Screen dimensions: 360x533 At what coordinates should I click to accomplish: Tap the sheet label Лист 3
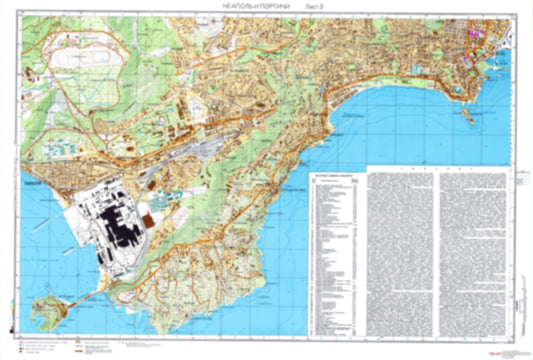tap(315, 8)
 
